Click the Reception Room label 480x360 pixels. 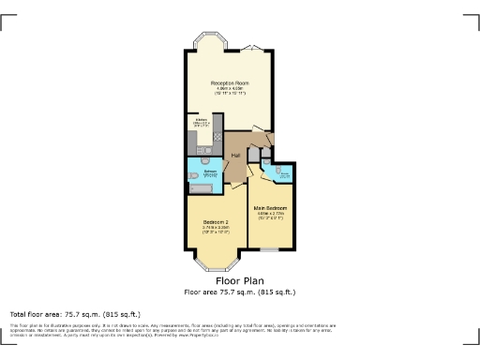pyautogui.click(x=229, y=83)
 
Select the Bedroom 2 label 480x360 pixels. pyautogui.click(x=216, y=220)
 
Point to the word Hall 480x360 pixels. pyautogui.click(x=236, y=155)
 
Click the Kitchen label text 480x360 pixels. pyautogui.click(x=201, y=119)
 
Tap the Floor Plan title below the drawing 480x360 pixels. pyautogui.click(x=239, y=280)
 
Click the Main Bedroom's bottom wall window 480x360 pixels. pyautogui.click(x=269, y=249)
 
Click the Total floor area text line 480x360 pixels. pyautogui.click(x=75, y=313)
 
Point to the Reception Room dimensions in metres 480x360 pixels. pyautogui.click(x=229, y=89)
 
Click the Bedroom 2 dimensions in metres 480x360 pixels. pyautogui.click(x=216, y=227)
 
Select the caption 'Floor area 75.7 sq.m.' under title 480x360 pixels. pyautogui.click(x=239, y=291)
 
